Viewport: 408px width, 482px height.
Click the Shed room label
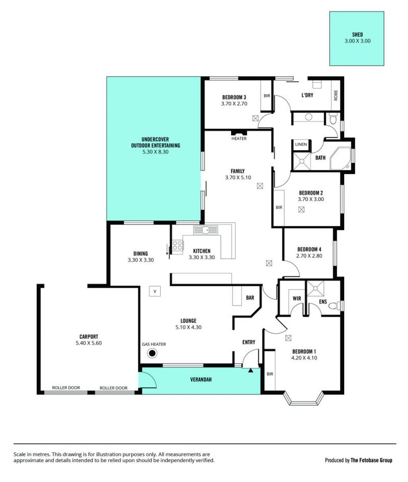(x=357, y=35)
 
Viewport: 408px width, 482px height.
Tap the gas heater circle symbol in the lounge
(x=152, y=353)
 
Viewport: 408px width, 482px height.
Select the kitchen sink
(x=206, y=230)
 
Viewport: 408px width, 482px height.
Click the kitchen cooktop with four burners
(x=177, y=246)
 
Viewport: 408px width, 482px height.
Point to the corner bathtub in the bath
(x=341, y=159)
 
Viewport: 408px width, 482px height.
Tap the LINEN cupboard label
(x=301, y=144)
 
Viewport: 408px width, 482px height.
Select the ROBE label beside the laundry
(x=336, y=95)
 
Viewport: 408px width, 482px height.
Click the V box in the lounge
(x=155, y=291)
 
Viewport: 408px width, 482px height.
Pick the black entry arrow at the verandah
(x=250, y=371)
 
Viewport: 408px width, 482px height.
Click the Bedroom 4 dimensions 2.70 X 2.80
(x=309, y=256)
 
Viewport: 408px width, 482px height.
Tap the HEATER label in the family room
(x=239, y=138)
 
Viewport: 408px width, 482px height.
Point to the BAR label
(x=250, y=298)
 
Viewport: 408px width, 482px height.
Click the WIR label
(x=297, y=298)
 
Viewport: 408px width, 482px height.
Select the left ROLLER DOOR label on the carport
(x=66, y=388)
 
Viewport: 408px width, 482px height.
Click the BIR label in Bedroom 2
(x=279, y=208)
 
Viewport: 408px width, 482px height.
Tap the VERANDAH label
(x=201, y=380)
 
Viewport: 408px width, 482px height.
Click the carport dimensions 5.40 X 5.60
(x=89, y=343)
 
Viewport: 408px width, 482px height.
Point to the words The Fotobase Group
(x=371, y=460)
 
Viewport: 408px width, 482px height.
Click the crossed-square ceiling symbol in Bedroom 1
(x=288, y=338)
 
